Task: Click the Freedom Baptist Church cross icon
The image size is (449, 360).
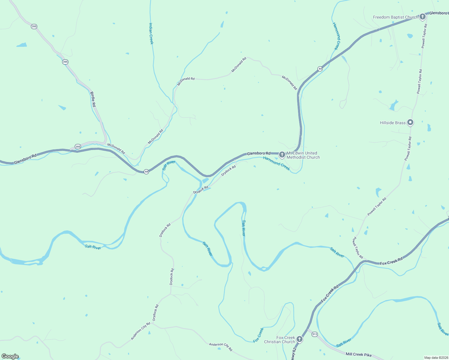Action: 423,16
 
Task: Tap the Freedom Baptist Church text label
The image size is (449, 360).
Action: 395,17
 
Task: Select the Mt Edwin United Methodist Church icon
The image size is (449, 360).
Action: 282,155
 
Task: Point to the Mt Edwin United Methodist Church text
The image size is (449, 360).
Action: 303,155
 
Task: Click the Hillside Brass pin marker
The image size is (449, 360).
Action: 410,122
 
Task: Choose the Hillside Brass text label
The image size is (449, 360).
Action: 393,123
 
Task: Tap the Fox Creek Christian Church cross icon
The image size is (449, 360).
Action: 300,339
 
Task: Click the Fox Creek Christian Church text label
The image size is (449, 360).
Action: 280,340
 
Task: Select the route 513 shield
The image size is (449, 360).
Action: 314,334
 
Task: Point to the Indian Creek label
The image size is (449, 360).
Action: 151,34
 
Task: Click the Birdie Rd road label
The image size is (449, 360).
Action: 93,99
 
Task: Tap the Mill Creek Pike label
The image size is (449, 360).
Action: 358,354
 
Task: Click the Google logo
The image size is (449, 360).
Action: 10,356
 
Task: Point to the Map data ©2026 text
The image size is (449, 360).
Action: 436,358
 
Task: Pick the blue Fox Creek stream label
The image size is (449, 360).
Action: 258,335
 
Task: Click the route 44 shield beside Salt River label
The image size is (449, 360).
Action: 146,172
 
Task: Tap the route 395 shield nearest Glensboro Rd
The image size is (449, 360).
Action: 78,147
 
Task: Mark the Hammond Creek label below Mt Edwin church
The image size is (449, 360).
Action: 276,163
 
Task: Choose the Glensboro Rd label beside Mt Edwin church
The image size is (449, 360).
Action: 258,153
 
